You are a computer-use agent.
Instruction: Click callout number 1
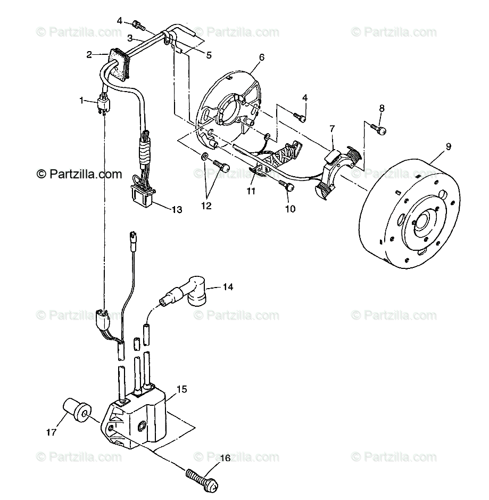(81, 100)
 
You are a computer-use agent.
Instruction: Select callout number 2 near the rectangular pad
(89, 54)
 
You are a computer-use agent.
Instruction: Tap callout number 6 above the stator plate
(261, 56)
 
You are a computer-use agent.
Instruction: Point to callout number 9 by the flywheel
(448, 146)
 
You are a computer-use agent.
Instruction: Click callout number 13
(177, 210)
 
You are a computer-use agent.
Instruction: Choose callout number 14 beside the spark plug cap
(228, 287)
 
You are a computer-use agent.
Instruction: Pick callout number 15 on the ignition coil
(181, 390)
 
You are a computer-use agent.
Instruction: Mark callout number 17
(51, 433)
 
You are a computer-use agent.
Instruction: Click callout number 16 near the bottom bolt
(225, 458)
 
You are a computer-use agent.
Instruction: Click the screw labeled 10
(289, 186)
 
